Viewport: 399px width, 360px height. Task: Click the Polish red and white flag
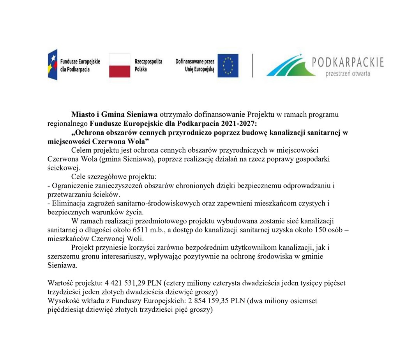[x=120, y=65]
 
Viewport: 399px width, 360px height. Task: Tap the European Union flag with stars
[x=228, y=65]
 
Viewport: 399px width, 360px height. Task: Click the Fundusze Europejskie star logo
[x=53, y=65]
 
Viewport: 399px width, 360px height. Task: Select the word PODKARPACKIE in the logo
[x=348, y=62]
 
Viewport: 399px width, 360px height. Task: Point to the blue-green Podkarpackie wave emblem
[x=290, y=66]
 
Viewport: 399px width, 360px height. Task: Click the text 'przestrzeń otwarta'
[x=348, y=74]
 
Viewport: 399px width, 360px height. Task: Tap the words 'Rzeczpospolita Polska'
[x=148, y=65]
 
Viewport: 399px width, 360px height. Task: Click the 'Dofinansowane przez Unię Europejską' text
[x=195, y=65]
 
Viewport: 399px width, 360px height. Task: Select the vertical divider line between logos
[x=252, y=65]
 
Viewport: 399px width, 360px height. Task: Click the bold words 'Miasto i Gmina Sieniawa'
[x=114, y=115]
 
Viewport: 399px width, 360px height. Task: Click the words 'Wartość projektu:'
[x=72, y=283]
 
